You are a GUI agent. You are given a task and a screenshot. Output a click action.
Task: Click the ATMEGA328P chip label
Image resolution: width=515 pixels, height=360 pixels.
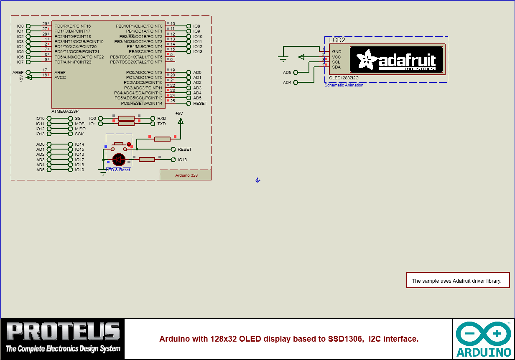(x=65, y=112)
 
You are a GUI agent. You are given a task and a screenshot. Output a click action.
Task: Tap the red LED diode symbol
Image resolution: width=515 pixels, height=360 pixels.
(x=119, y=159)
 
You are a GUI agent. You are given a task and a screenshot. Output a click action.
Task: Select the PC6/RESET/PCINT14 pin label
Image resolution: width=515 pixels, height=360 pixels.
(x=142, y=103)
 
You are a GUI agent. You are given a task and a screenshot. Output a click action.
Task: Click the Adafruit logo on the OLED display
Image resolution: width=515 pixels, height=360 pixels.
(x=396, y=60)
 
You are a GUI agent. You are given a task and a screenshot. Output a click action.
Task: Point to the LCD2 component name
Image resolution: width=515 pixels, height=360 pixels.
(x=337, y=40)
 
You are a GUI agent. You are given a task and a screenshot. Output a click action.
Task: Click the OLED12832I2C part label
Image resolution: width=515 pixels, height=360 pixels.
(x=344, y=78)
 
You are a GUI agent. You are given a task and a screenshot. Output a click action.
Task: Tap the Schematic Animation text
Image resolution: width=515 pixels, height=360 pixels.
(x=344, y=85)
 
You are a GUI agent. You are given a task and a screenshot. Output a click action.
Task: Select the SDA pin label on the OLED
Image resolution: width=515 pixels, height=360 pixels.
(x=336, y=67)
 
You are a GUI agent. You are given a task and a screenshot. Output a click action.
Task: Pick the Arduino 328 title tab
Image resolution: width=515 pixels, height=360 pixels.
(x=186, y=175)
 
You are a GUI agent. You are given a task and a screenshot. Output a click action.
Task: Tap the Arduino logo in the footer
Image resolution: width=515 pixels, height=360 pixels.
(x=484, y=339)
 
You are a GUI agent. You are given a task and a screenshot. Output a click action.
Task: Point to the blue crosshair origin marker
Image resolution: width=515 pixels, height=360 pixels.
(x=257, y=180)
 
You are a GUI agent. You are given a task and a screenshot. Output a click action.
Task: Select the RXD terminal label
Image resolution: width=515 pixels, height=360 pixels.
(x=161, y=119)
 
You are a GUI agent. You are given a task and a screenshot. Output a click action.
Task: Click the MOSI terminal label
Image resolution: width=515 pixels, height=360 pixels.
(x=80, y=124)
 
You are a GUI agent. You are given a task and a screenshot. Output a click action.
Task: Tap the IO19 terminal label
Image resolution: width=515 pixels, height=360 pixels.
(x=79, y=170)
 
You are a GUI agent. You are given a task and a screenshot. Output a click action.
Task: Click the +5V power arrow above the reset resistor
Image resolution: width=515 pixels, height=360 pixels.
(x=180, y=121)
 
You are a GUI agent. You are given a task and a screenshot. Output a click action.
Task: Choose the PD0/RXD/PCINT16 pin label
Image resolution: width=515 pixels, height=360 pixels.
(x=72, y=26)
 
